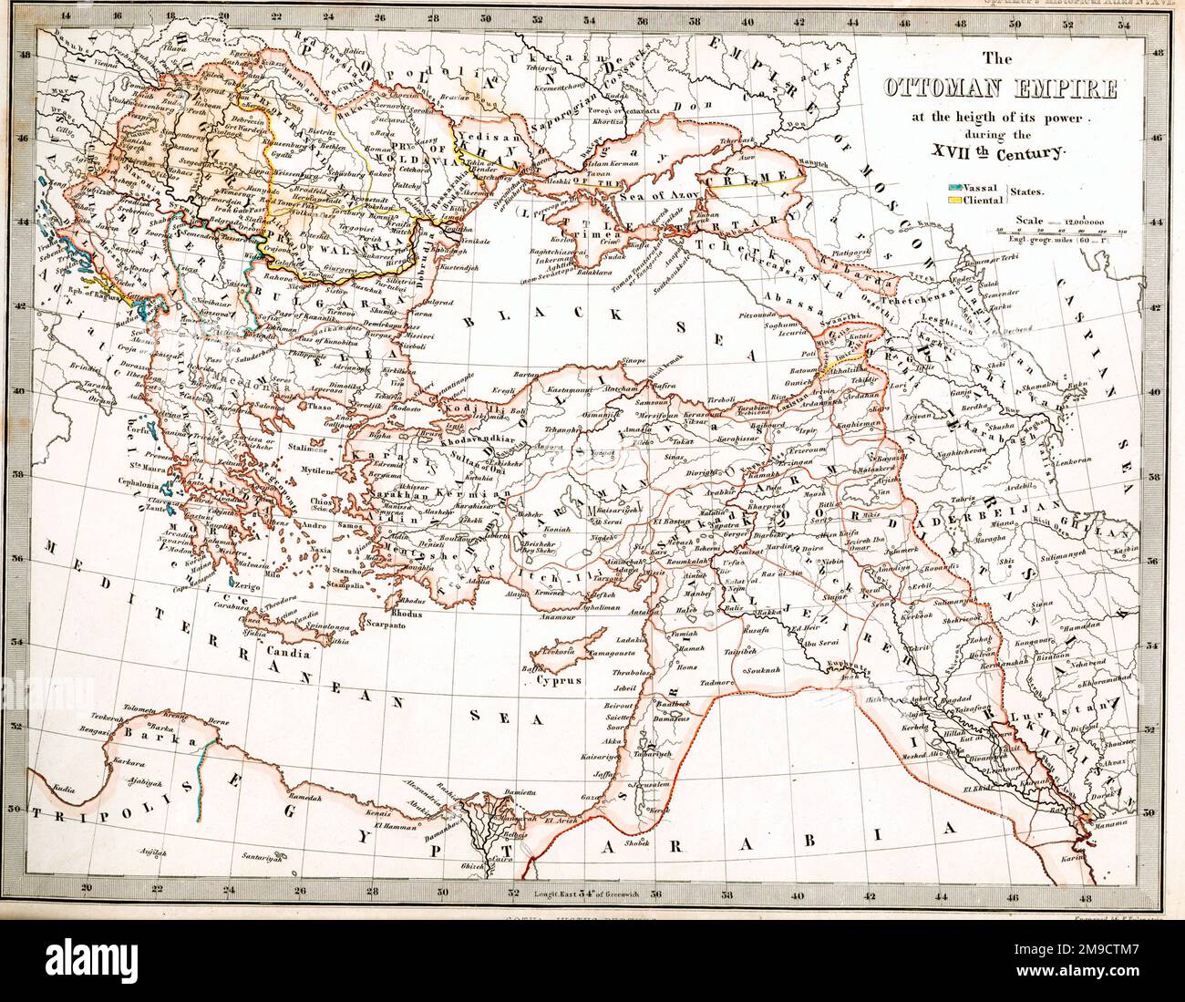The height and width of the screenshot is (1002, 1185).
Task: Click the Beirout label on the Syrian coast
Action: click(x=617, y=706)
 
